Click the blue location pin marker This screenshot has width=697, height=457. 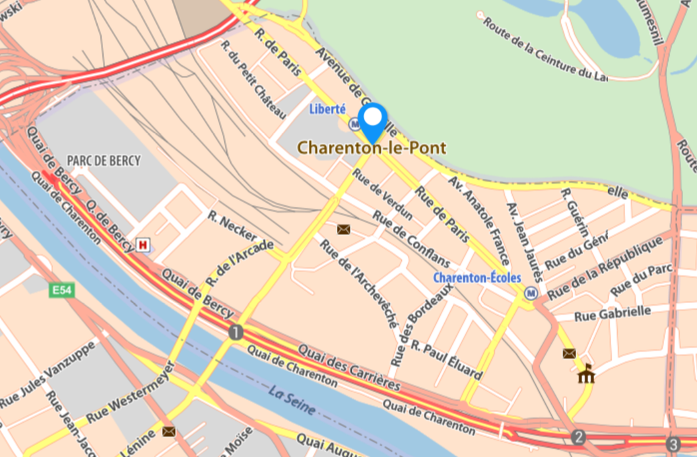tap(374, 120)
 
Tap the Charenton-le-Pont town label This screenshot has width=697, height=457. tap(372, 148)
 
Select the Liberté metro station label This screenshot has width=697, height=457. tap(327, 109)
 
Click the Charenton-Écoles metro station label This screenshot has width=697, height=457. tap(477, 278)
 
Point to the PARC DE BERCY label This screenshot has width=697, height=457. tap(104, 160)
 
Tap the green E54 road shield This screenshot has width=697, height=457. tap(60, 289)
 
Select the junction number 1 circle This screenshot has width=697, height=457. tap(236, 332)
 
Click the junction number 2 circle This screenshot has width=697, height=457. tap(579, 437)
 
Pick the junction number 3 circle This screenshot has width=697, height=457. tap(673, 444)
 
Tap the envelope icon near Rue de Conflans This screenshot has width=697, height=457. tap(343, 229)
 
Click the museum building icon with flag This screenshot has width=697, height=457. tap(586, 374)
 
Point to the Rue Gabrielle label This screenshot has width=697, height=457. tap(613, 313)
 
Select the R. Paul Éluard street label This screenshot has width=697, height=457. tap(446, 361)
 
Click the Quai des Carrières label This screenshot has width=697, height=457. tap(349, 367)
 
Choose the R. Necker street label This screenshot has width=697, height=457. tap(232, 226)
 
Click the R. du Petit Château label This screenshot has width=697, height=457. tap(253, 80)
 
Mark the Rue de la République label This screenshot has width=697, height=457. tap(605, 268)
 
